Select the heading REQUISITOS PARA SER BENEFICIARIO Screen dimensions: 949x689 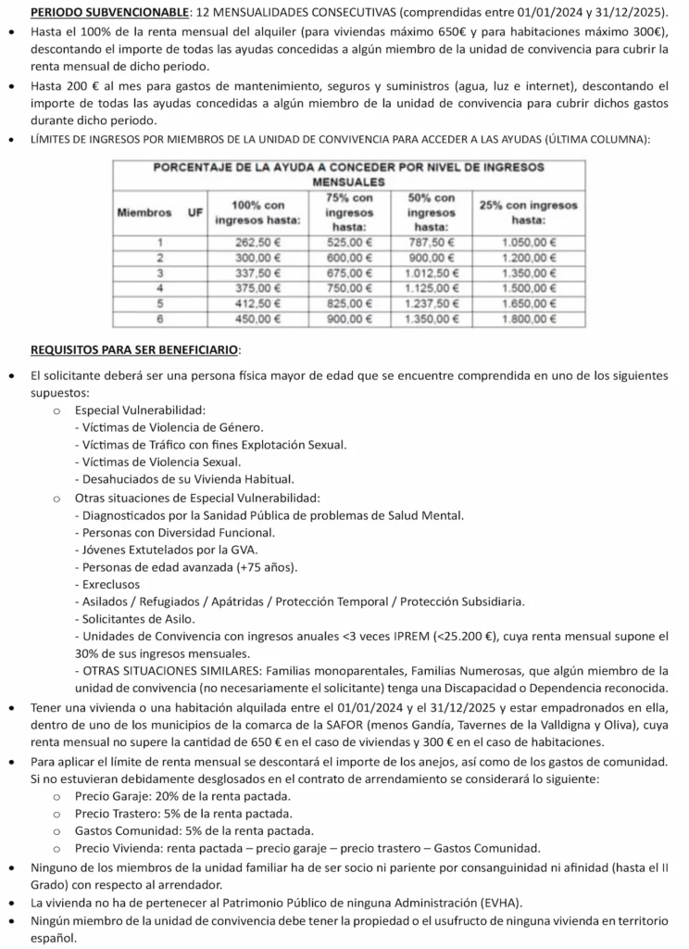coord(135,350)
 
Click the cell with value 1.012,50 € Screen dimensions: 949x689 coord(432,273)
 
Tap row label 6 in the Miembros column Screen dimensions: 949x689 coord(159,321)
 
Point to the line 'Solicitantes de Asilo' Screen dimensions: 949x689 coord(135,617)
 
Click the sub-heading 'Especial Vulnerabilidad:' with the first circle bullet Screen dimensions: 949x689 coord(140,410)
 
